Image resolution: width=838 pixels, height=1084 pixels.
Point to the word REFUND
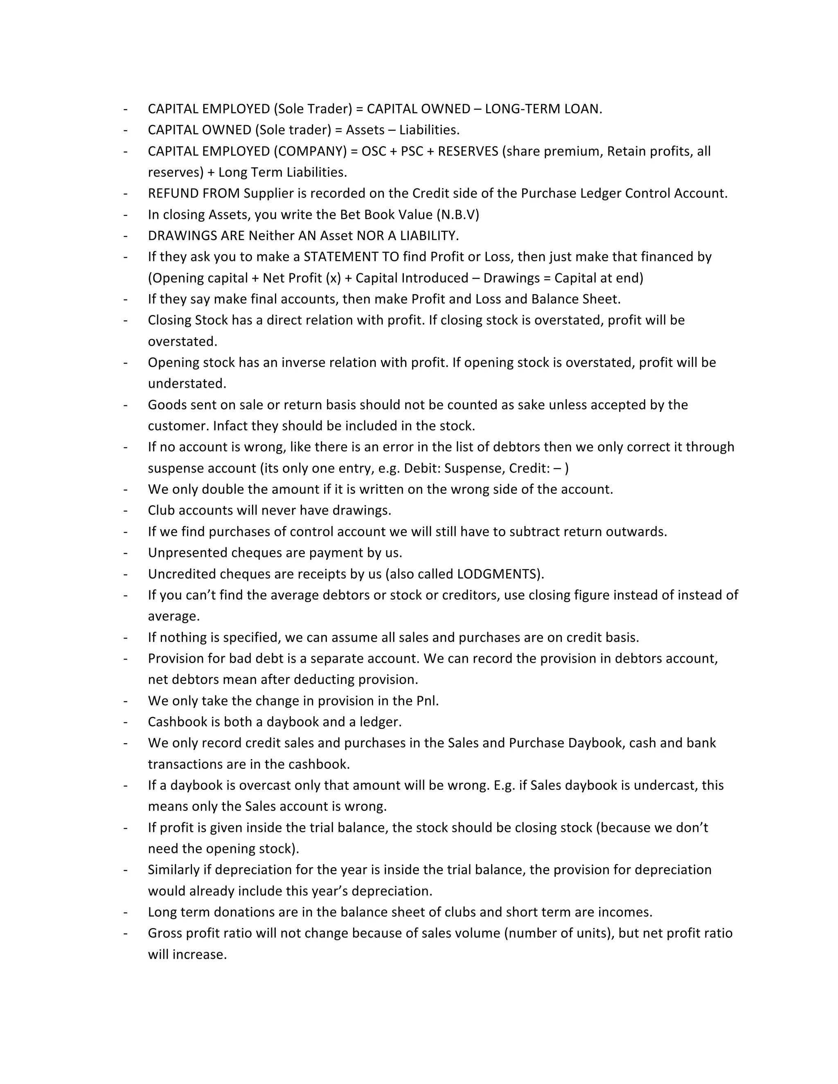click(172, 193)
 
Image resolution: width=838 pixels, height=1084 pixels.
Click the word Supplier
click(270, 193)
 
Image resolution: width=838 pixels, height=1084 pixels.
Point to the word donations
click(242, 912)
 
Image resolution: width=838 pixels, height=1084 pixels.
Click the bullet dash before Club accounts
click(126, 510)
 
